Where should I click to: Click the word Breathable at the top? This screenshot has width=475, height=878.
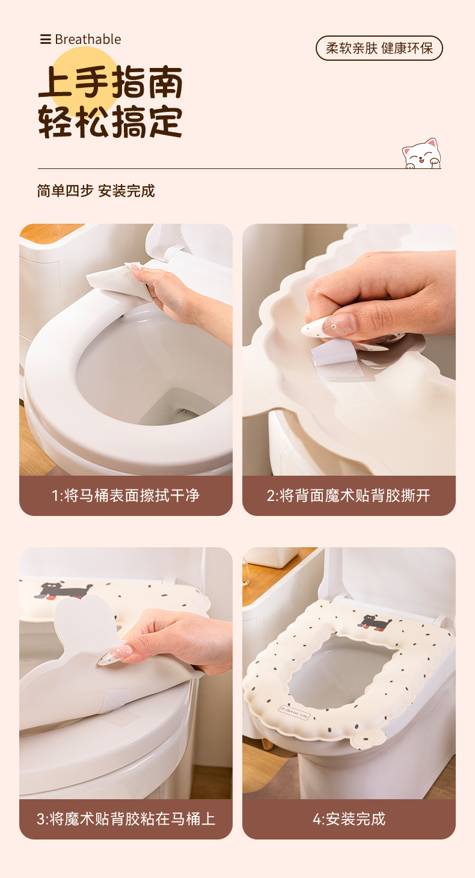pyautogui.click(x=88, y=39)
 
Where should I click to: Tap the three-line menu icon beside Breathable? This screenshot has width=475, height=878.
pyautogui.click(x=46, y=39)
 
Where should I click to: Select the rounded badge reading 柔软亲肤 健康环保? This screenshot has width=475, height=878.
pyautogui.click(x=379, y=48)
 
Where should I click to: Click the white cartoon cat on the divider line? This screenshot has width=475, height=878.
pyautogui.click(x=421, y=154)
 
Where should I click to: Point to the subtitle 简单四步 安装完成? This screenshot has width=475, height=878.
pyautogui.click(x=96, y=191)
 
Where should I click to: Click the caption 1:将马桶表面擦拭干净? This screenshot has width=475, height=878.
pyautogui.click(x=126, y=496)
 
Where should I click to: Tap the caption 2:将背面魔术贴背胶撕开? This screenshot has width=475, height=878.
pyautogui.click(x=348, y=496)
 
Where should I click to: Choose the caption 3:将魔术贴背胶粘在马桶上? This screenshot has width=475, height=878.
pyautogui.click(x=126, y=819)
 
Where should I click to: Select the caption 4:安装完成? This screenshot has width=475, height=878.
pyautogui.click(x=349, y=819)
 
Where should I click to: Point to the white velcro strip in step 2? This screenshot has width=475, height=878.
pyautogui.click(x=337, y=360)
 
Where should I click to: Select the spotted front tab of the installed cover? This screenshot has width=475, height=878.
pyautogui.click(x=369, y=738)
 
